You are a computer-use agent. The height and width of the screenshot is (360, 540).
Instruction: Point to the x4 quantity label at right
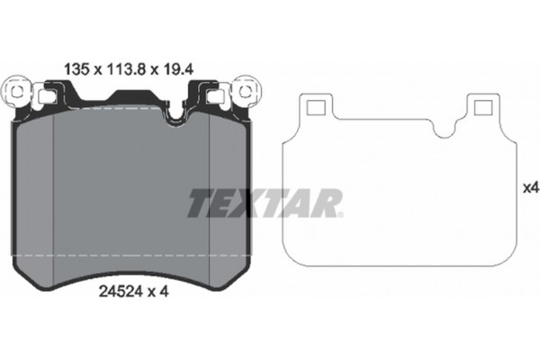(529, 188)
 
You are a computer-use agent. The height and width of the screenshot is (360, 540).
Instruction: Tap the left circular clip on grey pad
(19, 91)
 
